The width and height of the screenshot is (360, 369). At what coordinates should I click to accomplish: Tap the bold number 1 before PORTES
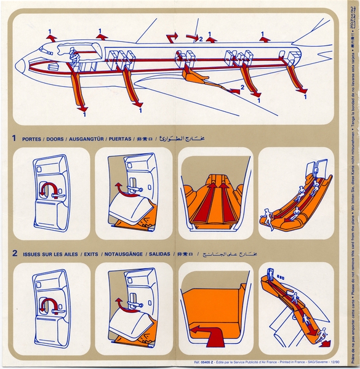click(x=14, y=138)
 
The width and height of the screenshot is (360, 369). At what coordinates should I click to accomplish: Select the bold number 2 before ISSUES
click(x=14, y=252)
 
